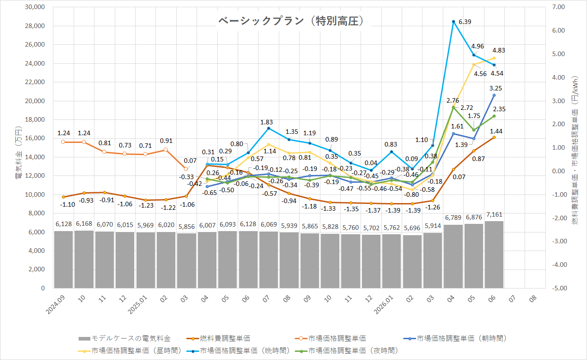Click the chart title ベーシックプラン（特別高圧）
coord(291,21)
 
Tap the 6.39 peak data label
coord(465,22)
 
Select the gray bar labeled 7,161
coord(494,255)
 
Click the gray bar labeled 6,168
coord(84,259)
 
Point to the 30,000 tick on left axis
coord(35,7)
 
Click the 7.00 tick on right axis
coord(559,7)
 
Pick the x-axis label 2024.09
coord(56,305)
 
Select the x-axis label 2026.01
coord(384,305)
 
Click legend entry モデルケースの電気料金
coord(125,338)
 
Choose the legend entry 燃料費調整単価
coord(219,338)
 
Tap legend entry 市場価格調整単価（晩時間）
coord(238,351)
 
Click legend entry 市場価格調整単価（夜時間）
coord(347,351)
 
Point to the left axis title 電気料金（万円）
coord(19,152)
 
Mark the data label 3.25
coord(496,88)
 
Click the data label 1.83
coord(267,122)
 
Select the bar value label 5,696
coord(412,228)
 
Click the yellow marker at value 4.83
coord(494,58)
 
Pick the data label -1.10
coord(67,204)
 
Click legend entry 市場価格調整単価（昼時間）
coord(130,351)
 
